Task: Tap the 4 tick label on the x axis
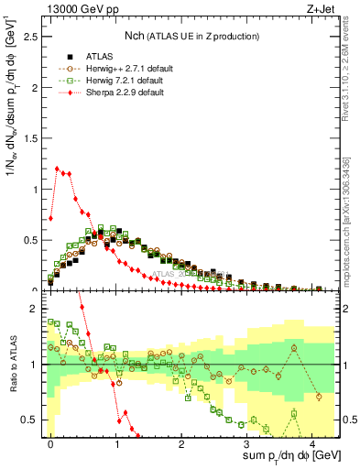point(311,444)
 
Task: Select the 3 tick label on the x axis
point(246,444)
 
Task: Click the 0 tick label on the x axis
point(51,444)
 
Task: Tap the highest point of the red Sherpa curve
point(58,169)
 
